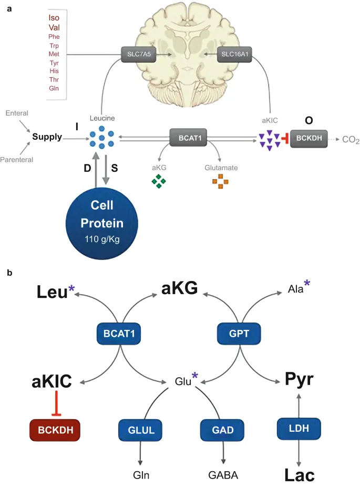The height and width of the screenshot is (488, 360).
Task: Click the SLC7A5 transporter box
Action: coord(138,55)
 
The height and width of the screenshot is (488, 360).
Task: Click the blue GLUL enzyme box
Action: coord(140,429)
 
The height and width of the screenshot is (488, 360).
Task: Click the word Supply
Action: coord(47,138)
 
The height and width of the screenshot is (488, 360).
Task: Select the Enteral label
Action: coord(18,113)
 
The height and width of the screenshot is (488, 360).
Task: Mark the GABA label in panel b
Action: coord(223,475)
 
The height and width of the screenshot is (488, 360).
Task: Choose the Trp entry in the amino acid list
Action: coord(54,46)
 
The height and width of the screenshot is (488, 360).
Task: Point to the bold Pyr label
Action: coord(299,379)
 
